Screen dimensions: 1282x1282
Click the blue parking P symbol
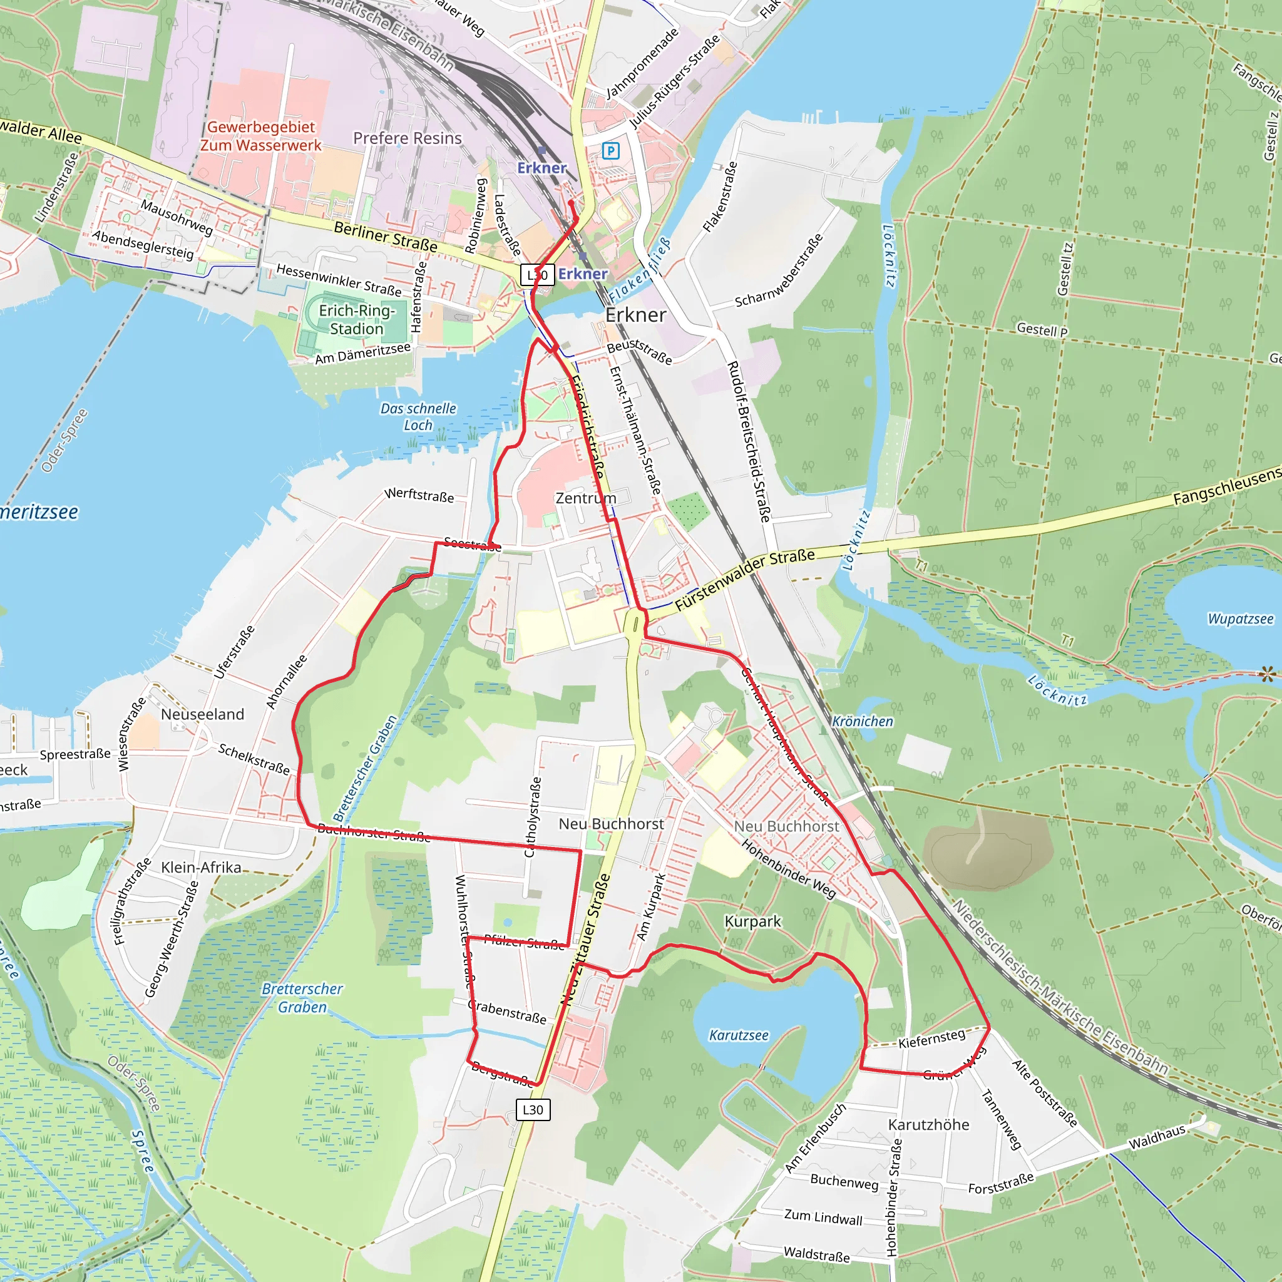click(x=610, y=151)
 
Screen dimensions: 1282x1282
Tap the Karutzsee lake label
click(x=739, y=1035)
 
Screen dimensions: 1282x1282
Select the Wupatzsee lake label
click(x=1240, y=619)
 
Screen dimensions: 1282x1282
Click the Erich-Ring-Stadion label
click(x=356, y=320)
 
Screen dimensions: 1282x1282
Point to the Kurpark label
click(x=752, y=921)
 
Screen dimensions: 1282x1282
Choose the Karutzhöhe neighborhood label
click(x=928, y=1125)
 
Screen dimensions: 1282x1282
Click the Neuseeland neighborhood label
click(x=202, y=715)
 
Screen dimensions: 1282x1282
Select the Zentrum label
click(x=586, y=498)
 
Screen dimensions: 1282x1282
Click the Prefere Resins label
click(x=407, y=138)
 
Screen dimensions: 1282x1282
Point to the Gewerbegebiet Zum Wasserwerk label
click(x=261, y=136)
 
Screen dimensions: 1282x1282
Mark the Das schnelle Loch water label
click(x=418, y=417)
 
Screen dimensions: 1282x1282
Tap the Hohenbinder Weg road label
click(x=788, y=869)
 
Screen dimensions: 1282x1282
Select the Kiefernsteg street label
click(x=931, y=1038)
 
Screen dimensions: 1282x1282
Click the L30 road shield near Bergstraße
click(x=533, y=1109)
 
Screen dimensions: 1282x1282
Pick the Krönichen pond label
click(x=862, y=721)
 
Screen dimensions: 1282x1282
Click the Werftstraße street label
click(x=419, y=496)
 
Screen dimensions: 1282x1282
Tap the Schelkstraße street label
click(x=254, y=759)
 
